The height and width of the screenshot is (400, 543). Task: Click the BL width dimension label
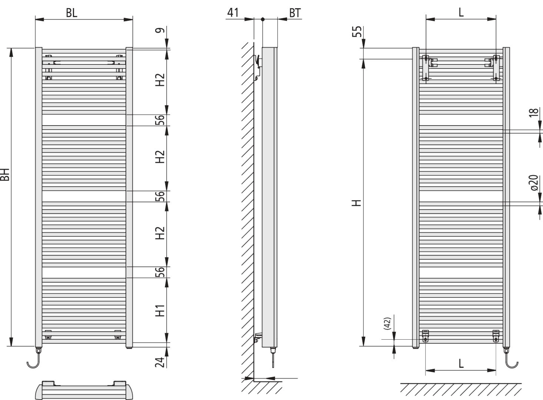[71, 13]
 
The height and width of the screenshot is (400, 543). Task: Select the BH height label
[4, 174]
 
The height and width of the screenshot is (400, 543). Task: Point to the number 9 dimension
[160, 30]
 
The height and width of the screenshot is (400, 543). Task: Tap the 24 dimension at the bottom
[160, 362]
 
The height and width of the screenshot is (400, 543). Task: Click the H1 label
[160, 310]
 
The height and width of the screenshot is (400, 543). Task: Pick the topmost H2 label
[160, 80]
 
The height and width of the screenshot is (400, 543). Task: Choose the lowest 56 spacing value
[160, 272]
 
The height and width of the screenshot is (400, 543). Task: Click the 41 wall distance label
[233, 13]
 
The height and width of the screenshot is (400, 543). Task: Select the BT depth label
[295, 13]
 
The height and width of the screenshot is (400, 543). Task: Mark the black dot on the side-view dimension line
[263, 19]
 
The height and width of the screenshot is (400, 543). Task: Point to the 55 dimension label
[357, 31]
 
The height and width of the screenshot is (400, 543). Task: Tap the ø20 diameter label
[534, 183]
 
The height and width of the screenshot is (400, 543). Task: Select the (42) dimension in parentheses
[387, 323]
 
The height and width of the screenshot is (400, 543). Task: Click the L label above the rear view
[461, 12]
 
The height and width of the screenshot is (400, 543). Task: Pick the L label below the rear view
[461, 364]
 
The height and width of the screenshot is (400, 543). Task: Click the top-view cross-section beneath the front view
[84, 390]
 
